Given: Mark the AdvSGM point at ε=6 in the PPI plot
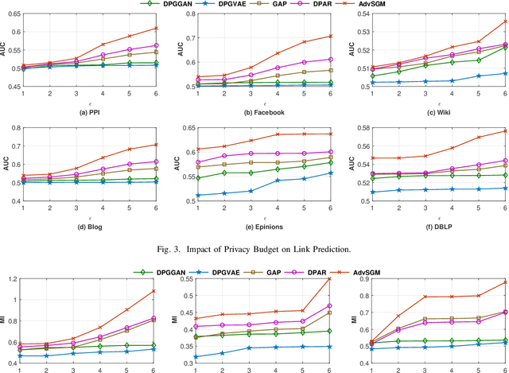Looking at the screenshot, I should point(154,28).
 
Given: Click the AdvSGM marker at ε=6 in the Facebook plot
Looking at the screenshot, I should point(321,36).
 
